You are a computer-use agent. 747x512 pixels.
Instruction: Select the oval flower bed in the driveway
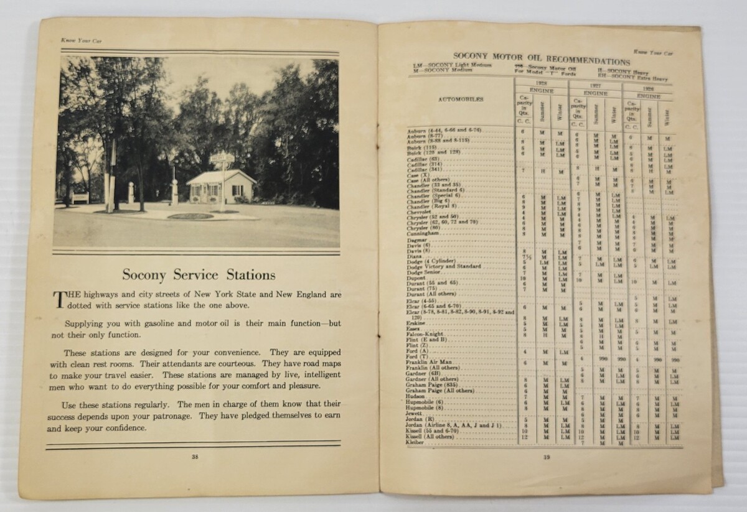(x=190, y=216)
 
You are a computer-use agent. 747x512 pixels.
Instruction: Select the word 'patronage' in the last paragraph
(x=223, y=416)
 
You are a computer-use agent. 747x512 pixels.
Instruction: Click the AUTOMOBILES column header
(x=460, y=99)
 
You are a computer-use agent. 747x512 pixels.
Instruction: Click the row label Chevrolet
(x=421, y=213)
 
